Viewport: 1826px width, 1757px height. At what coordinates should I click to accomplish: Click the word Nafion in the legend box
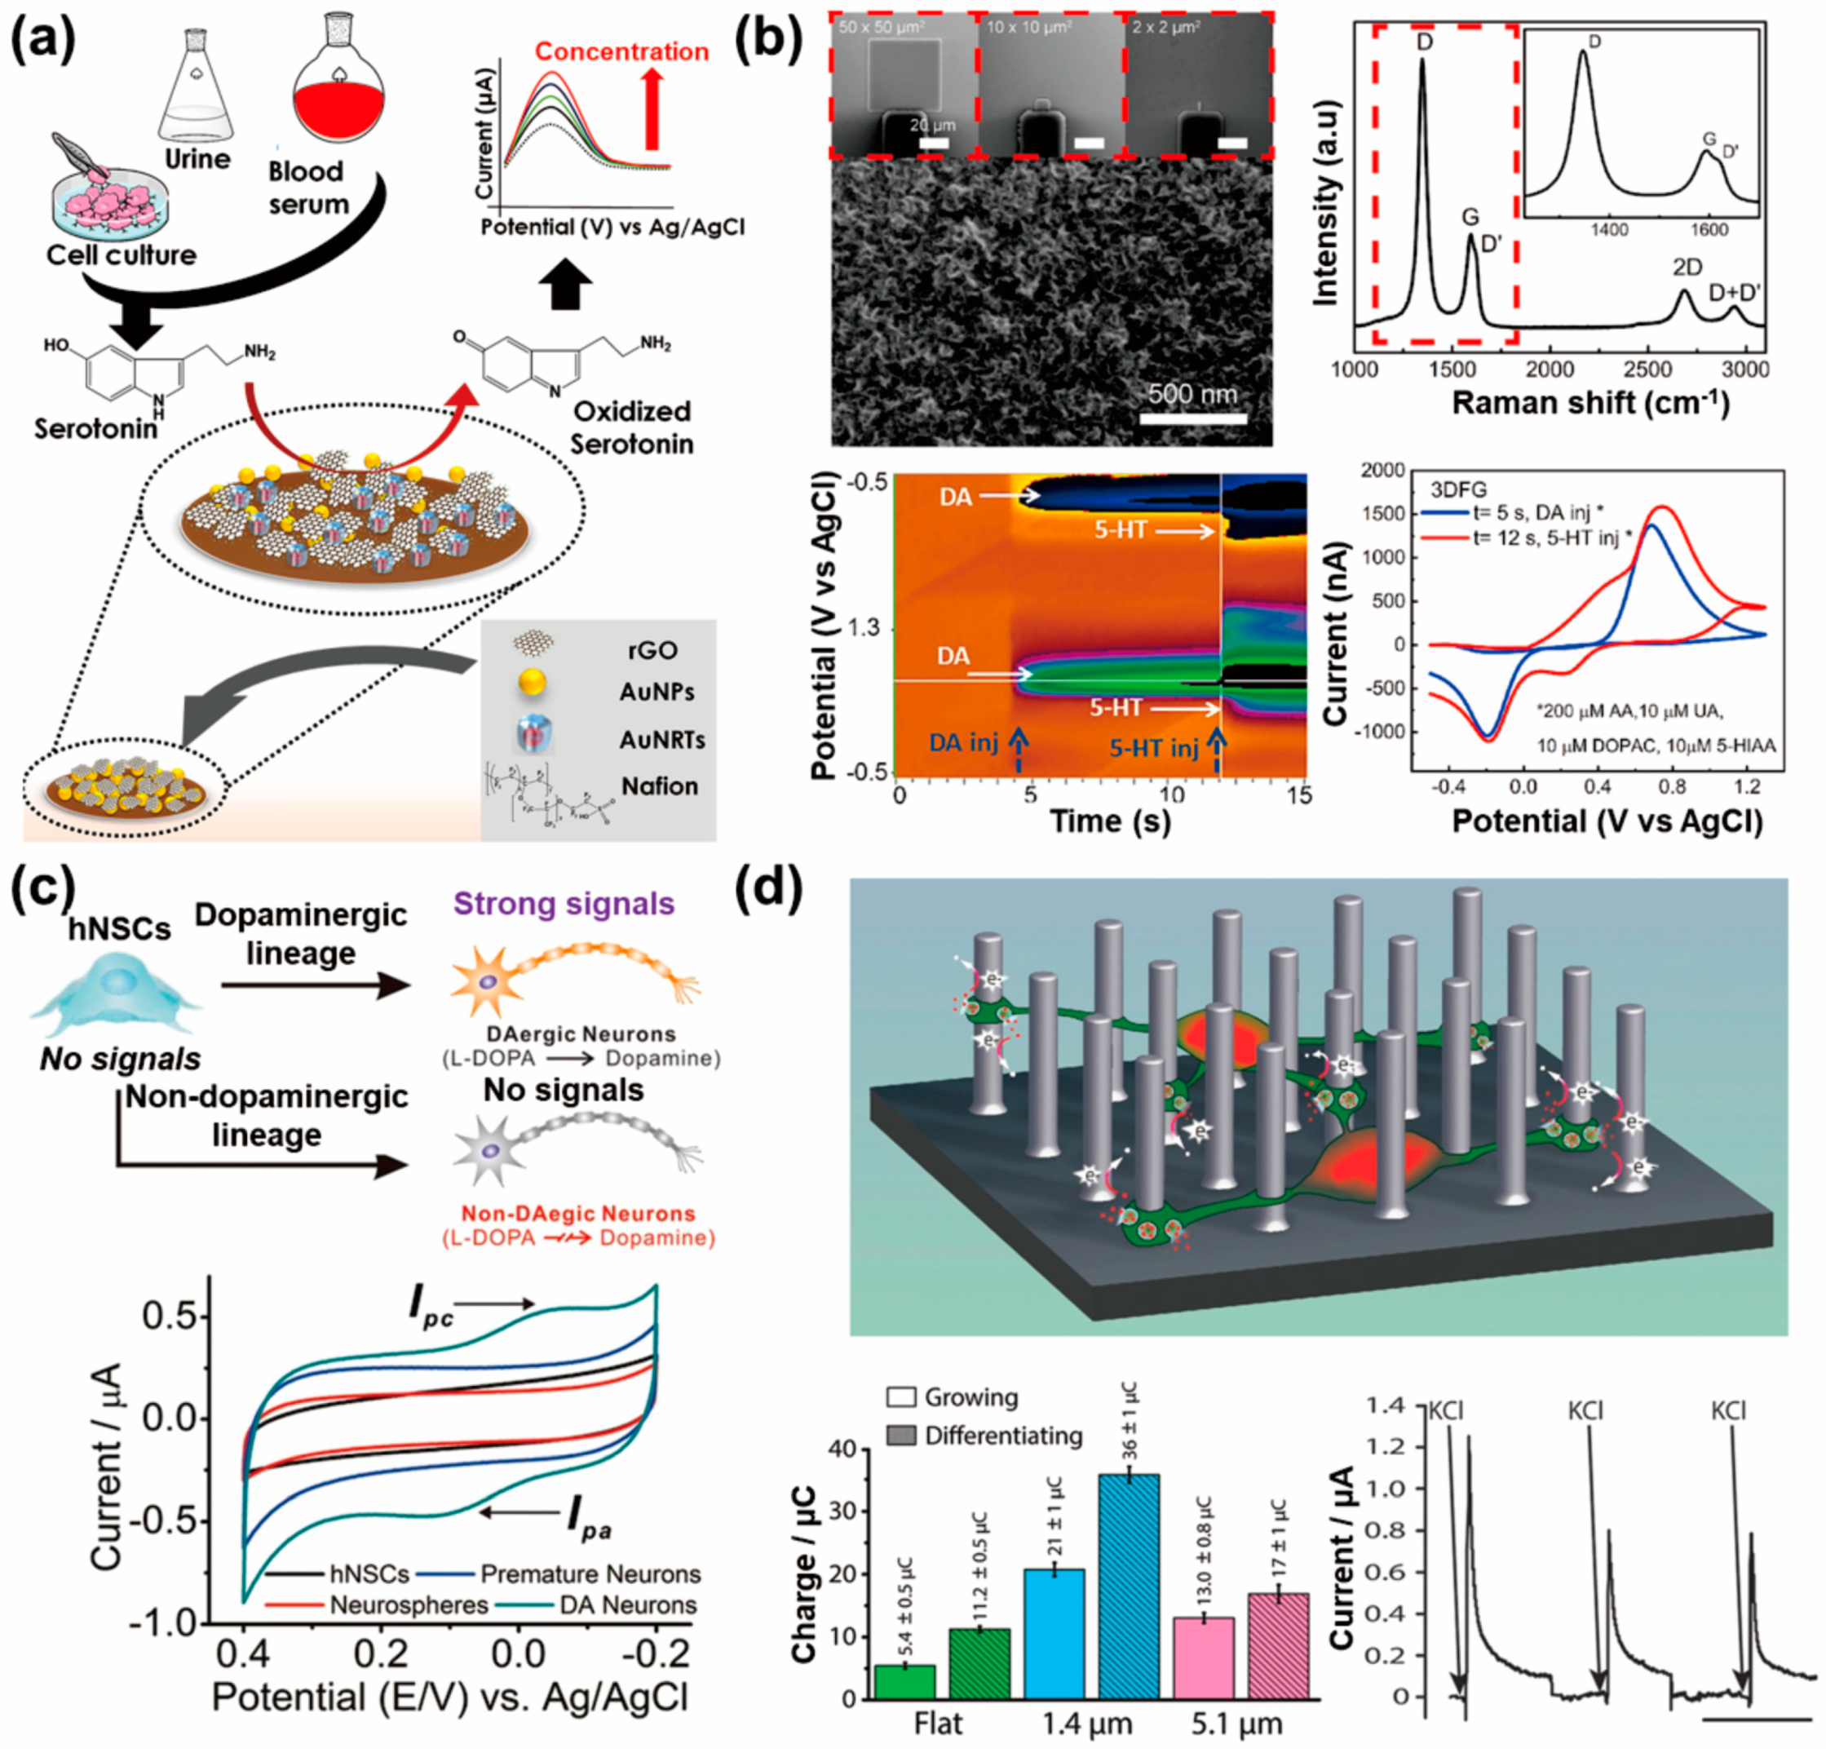(x=660, y=786)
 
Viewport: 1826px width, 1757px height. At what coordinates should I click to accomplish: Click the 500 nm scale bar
(x=1192, y=419)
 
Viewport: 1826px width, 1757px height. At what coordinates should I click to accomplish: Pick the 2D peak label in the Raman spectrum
(x=1687, y=268)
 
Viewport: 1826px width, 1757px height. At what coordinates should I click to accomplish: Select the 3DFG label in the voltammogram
(x=1458, y=490)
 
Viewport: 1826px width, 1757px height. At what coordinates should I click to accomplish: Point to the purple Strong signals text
(x=564, y=904)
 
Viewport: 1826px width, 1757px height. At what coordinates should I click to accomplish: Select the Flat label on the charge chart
(x=938, y=1724)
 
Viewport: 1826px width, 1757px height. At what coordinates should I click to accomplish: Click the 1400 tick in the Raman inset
(x=1609, y=230)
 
